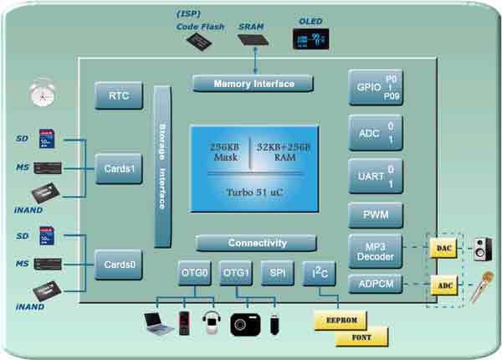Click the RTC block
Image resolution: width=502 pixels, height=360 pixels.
(x=118, y=96)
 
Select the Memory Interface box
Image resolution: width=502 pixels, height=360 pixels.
(x=254, y=84)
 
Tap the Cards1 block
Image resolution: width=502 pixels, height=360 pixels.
(x=118, y=168)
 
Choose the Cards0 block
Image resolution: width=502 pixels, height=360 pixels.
(x=118, y=264)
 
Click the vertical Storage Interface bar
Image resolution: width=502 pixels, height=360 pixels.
(x=162, y=166)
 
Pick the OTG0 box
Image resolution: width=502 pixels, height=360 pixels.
(x=195, y=273)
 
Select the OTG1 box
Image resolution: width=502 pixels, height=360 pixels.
(x=236, y=273)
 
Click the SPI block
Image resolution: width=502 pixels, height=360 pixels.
(x=276, y=273)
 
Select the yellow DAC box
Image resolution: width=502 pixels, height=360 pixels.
(x=443, y=249)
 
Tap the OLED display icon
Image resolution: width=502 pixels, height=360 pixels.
(x=310, y=39)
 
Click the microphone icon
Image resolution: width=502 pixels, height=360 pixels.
(x=481, y=288)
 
